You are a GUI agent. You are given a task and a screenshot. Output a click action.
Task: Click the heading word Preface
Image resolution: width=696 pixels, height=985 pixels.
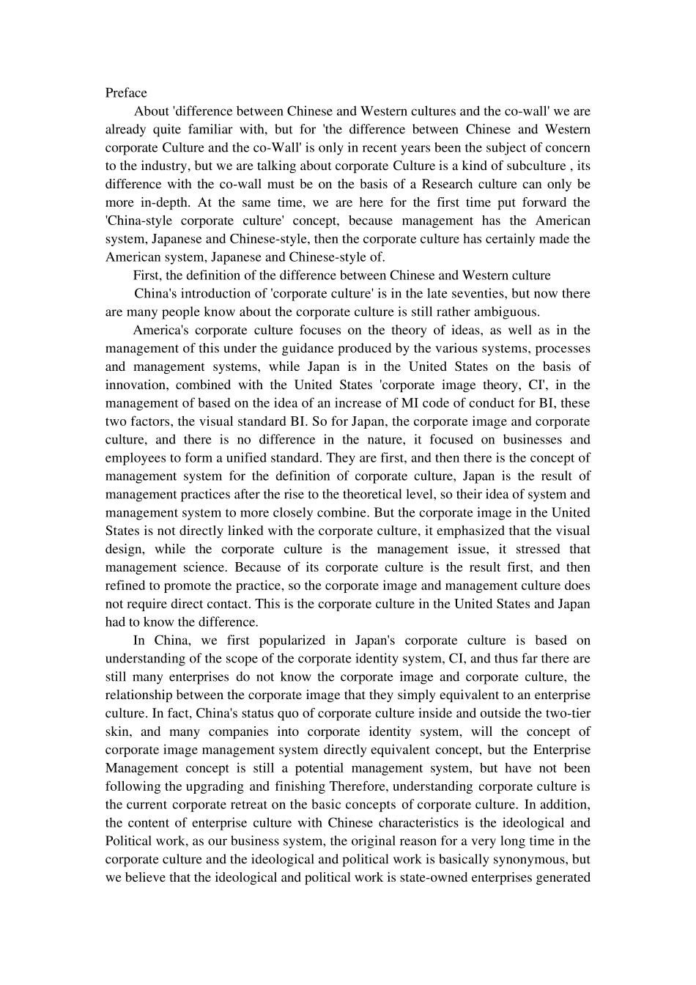(126, 92)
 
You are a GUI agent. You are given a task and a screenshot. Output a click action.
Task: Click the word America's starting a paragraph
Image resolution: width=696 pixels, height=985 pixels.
(160, 331)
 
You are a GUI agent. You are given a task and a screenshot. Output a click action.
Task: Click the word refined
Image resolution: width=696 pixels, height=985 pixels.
(126, 586)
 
